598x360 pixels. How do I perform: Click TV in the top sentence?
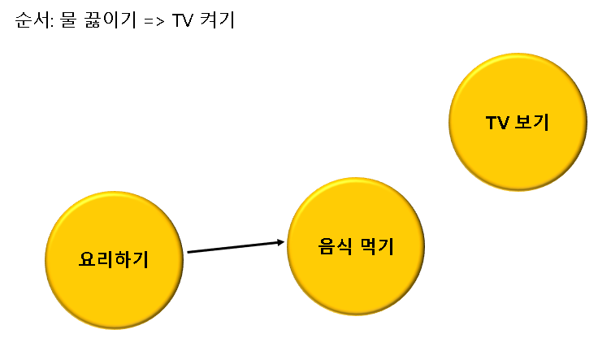coord(181,20)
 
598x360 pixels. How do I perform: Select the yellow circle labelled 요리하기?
coord(114,260)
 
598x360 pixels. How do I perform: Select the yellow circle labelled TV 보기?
coord(518,122)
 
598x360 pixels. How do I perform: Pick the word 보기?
coord(533,123)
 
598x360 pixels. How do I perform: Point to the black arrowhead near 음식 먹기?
coord(281,242)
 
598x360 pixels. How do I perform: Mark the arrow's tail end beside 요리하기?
coord(189,252)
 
